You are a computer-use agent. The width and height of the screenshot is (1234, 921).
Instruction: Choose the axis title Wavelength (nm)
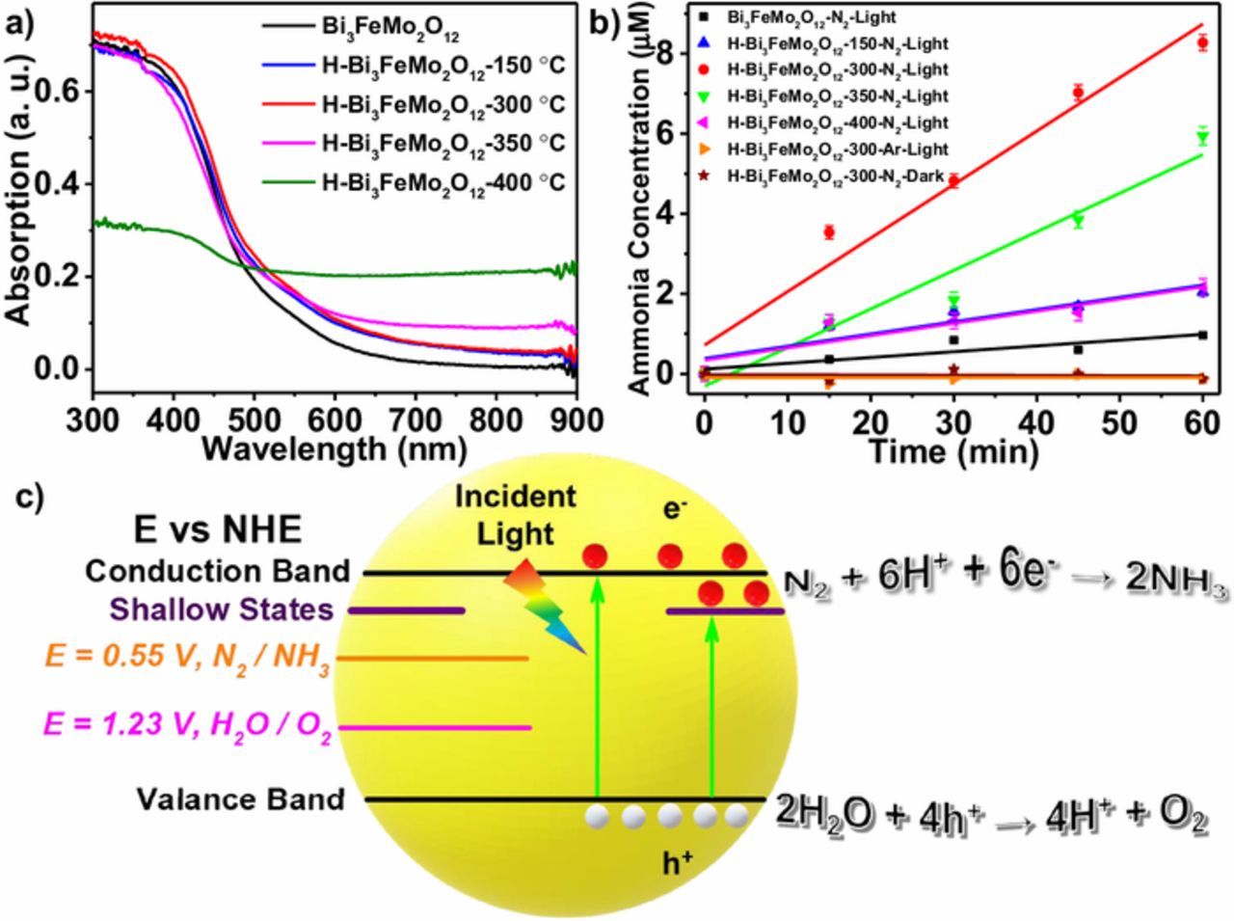(335, 448)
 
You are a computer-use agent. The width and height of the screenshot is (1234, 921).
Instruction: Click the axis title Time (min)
(952, 450)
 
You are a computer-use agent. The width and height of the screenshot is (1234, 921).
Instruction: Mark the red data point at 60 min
(1202, 42)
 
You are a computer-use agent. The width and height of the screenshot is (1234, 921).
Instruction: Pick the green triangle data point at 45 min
(1078, 221)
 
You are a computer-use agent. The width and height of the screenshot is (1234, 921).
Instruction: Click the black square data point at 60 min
(1202, 335)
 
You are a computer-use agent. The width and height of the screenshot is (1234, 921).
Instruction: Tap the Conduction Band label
(218, 571)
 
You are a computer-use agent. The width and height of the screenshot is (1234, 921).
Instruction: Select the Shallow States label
(222, 609)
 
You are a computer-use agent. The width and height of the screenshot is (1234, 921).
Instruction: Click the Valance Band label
(240, 799)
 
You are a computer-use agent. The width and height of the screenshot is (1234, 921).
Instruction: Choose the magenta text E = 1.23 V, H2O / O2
(188, 726)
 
